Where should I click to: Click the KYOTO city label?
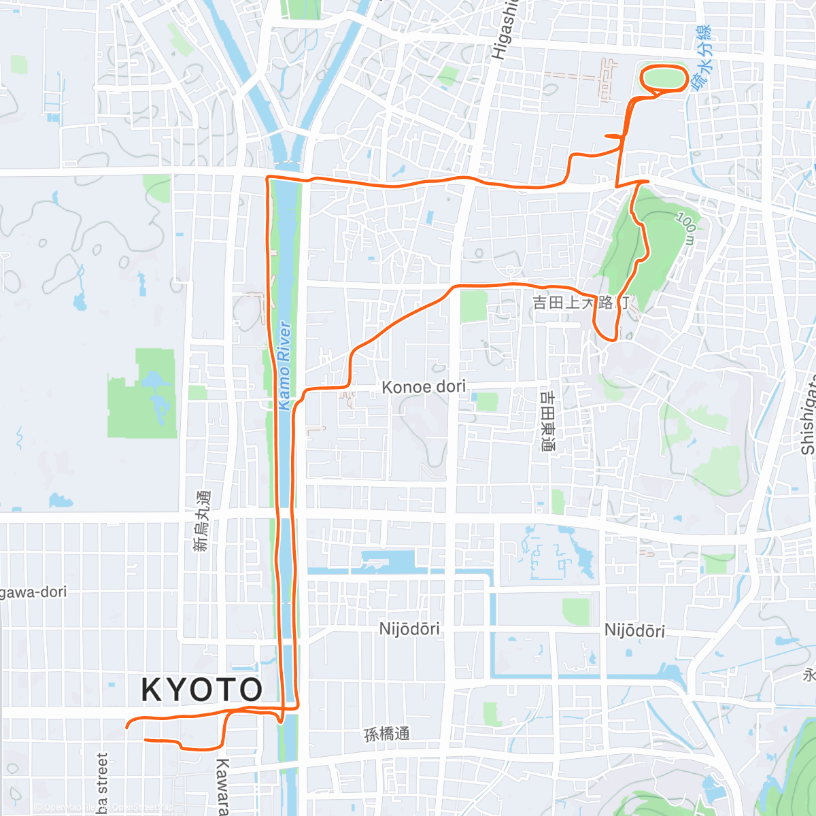[x=201, y=690]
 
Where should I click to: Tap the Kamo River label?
[x=285, y=366]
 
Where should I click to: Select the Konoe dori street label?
[x=424, y=387]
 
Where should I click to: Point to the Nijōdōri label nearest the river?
[x=409, y=629]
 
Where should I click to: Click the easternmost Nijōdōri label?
[x=634, y=631]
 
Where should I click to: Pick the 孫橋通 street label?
[x=387, y=734]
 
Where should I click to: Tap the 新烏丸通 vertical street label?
[x=201, y=521]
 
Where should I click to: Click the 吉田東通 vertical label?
[x=547, y=420]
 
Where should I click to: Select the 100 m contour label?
[x=686, y=228]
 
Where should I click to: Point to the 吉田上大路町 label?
[x=581, y=303]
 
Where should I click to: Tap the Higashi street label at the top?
[x=505, y=31]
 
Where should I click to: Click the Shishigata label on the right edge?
[x=808, y=415]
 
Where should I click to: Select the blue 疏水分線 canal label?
[x=702, y=58]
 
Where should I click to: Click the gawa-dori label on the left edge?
[x=33, y=592]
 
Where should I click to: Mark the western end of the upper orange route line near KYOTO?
[x=127, y=727]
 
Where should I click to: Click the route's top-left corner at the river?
[x=268, y=178]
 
